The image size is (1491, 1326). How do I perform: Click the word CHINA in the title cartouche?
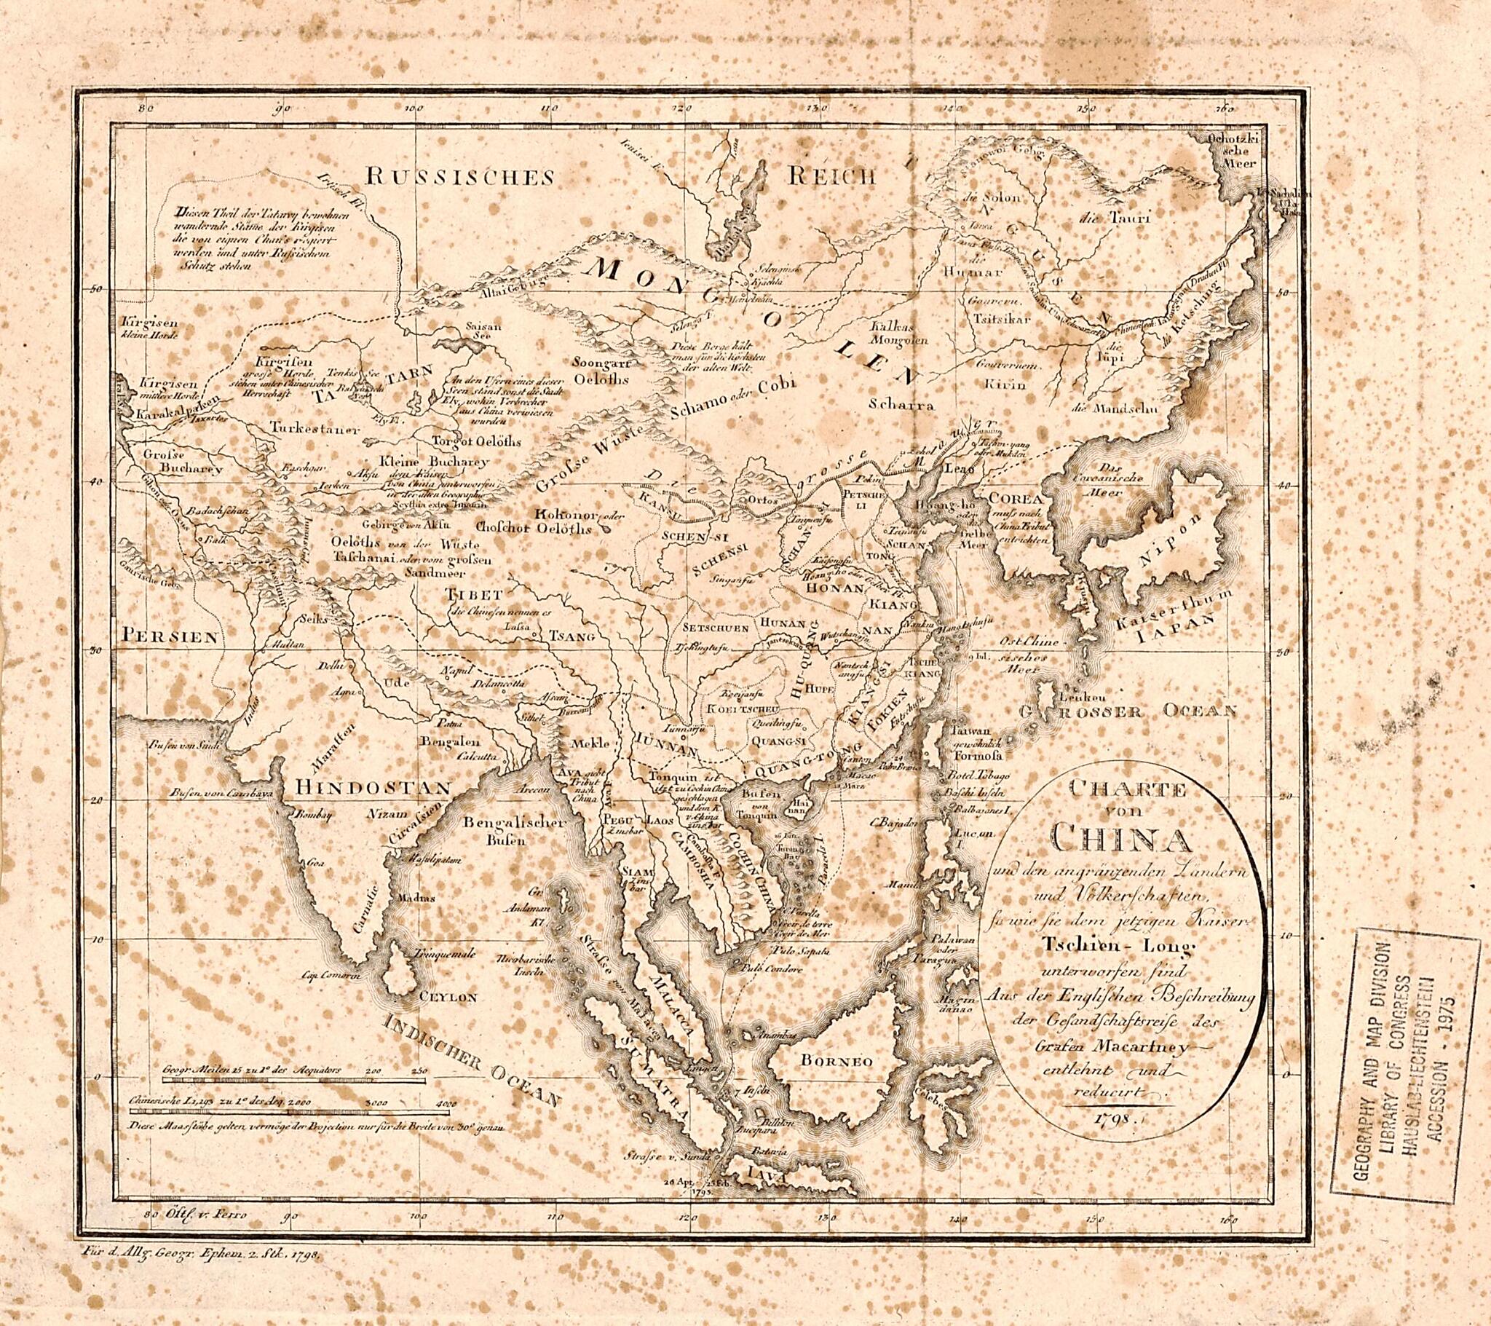[x=1120, y=838]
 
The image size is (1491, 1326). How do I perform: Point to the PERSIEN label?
[x=170, y=636]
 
